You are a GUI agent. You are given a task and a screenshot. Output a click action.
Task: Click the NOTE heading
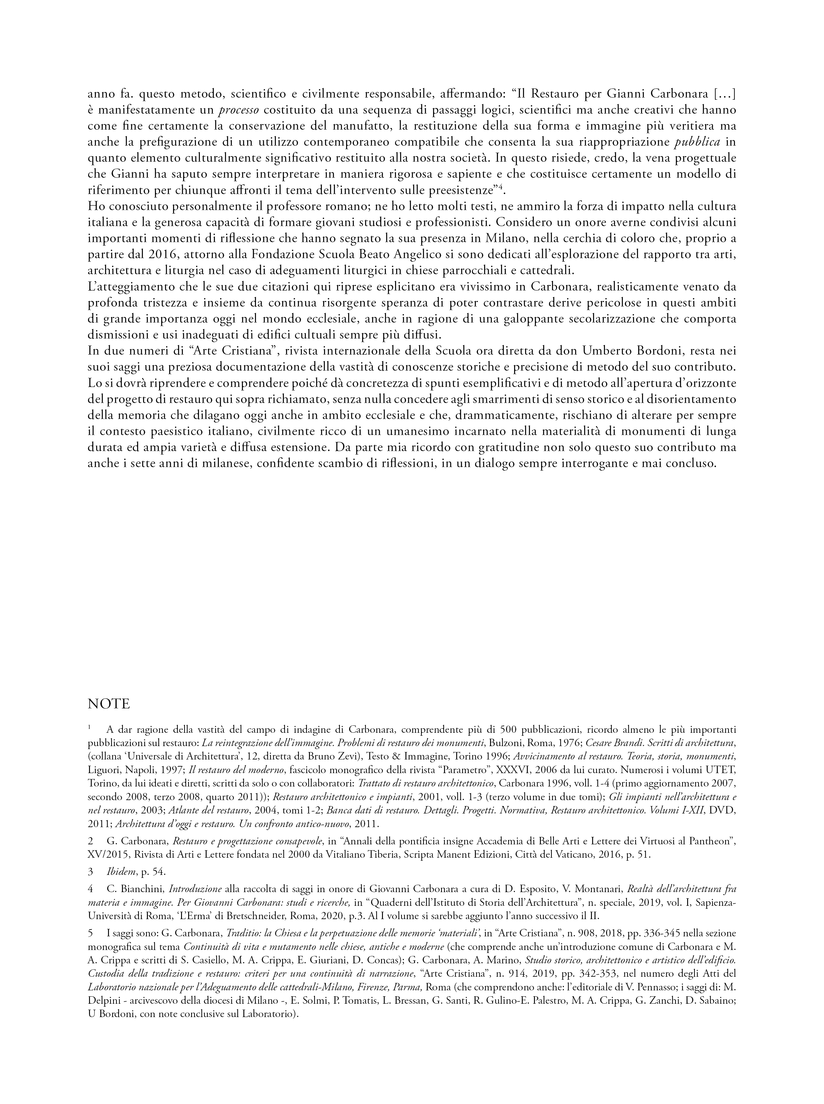(x=109, y=704)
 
